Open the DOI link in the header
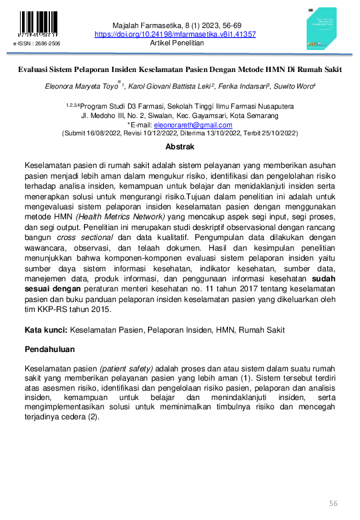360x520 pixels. coord(176,34)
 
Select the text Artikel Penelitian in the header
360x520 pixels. coord(176,43)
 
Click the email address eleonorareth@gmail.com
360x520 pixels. coord(193,124)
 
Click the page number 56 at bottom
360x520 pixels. coord(334,503)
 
